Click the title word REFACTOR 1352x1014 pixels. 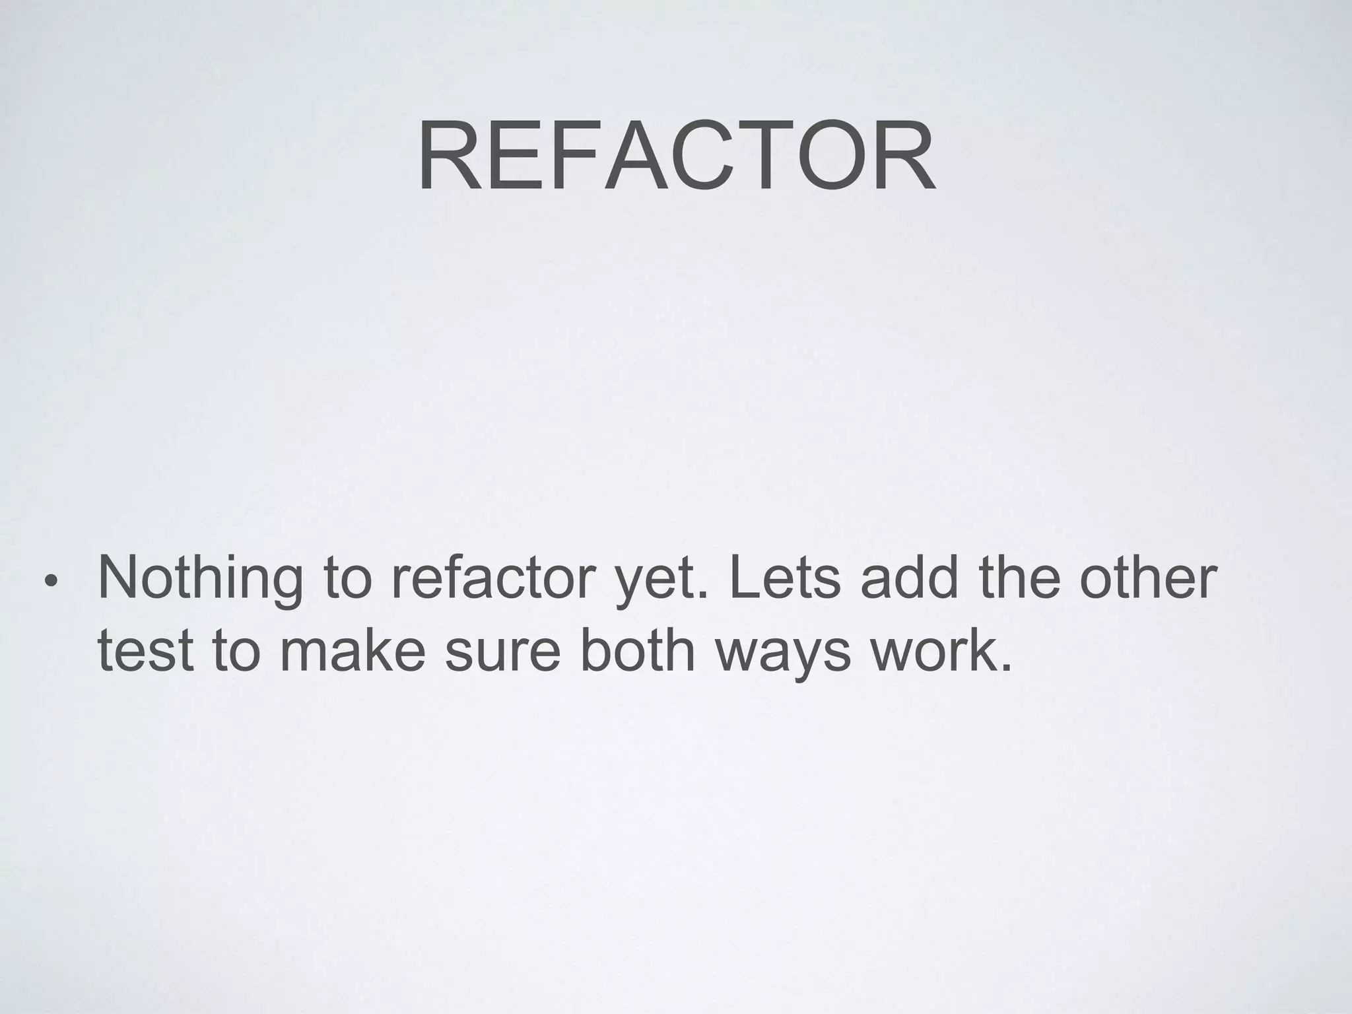(x=676, y=157)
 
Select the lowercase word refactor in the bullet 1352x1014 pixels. (x=492, y=578)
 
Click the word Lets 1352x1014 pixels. (x=785, y=578)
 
